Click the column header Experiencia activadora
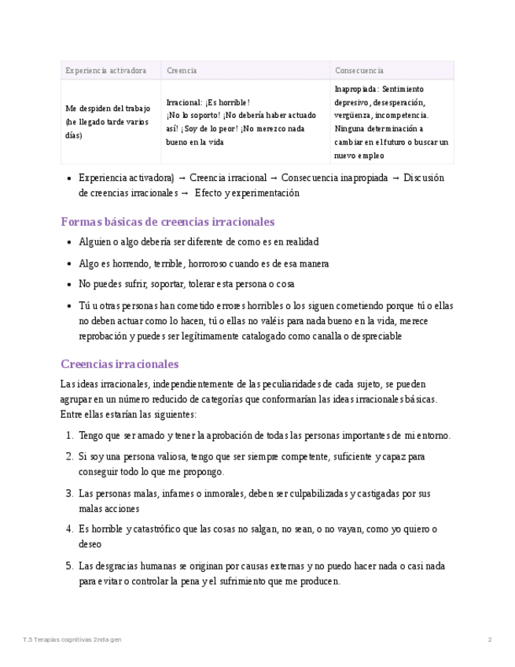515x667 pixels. pos(105,71)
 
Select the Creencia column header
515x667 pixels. pos(182,71)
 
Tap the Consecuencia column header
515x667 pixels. pos(359,71)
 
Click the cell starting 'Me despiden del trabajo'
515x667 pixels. pos(108,122)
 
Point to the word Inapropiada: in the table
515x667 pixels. pos(357,89)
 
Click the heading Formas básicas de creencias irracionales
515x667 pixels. pos(167,222)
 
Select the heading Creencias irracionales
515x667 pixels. pos(120,364)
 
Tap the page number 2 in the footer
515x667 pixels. pos(490,639)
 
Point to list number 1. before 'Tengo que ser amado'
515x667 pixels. pos(70,436)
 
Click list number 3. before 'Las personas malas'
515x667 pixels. pos(70,494)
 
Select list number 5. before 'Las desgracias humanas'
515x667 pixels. pos(70,566)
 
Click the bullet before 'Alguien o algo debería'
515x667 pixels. pos(71,242)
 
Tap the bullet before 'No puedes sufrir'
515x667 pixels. pos(71,285)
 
